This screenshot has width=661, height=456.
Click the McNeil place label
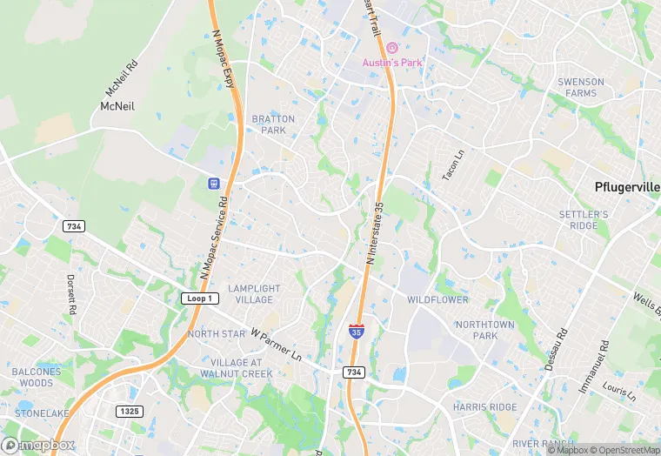[x=116, y=105]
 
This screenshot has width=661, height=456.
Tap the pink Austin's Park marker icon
[x=392, y=47]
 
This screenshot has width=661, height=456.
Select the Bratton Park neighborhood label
[x=273, y=124]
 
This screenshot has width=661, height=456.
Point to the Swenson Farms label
[x=580, y=87]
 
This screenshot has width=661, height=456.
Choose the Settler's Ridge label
[x=584, y=220]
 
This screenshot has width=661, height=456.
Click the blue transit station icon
[x=212, y=184]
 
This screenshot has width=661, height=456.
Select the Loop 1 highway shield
[x=200, y=298]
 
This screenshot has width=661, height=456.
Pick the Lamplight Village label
[x=254, y=293]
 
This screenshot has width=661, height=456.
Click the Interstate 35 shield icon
[x=357, y=331]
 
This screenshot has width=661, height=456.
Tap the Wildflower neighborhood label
[x=437, y=300]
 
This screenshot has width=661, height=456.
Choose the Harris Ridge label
[x=484, y=407]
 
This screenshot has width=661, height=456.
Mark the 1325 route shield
[x=128, y=411]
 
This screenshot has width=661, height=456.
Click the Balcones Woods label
[x=37, y=378]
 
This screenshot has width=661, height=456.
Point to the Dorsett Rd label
[x=72, y=294]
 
